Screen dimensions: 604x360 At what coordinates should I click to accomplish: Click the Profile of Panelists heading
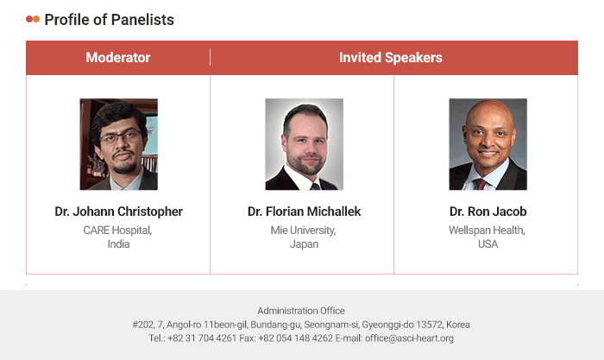pos(109,20)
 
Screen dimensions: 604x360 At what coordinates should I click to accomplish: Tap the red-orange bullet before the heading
pos(33,19)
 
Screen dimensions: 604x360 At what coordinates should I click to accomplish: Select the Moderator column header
pos(118,58)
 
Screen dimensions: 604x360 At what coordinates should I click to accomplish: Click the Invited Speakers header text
pos(391,58)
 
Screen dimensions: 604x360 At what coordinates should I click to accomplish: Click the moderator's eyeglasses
pos(121,136)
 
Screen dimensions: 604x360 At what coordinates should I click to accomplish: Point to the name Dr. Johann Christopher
pos(119,212)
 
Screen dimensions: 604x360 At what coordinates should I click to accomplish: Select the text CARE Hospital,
pos(117,231)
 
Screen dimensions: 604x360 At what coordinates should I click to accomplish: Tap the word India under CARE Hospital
pos(119,244)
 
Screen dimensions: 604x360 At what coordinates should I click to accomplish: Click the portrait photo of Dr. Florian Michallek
pos(304,144)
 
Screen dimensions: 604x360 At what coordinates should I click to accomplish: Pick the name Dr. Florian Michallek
pos(304,212)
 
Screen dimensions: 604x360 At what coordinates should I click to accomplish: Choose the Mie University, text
pos(303,231)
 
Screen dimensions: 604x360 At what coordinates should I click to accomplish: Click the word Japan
pos(304,244)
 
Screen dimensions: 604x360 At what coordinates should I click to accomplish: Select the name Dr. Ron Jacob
pos(488,212)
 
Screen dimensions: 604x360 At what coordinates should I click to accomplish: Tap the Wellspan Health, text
pos(487,231)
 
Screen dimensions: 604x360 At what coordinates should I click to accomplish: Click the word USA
pos(488,244)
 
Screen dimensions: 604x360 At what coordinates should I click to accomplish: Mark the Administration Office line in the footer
pos(301,311)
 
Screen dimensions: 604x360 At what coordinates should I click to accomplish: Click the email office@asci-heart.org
pos(409,338)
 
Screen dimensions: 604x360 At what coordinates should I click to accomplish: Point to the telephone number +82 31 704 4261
pos(202,338)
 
